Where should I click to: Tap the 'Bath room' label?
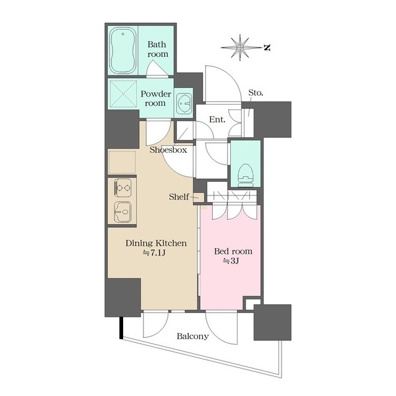point(157,49)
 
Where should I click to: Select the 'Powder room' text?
point(155,98)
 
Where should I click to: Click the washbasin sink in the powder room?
point(184,104)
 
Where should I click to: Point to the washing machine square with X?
point(123,96)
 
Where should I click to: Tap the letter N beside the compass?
point(266,47)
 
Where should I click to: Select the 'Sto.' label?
point(256,93)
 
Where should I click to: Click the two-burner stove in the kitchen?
point(122,187)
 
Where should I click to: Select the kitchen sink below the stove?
point(122,212)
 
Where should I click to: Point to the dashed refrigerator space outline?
point(122,161)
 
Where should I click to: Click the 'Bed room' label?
point(233,251)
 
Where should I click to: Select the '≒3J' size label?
point(230,262)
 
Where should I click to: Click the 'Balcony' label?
point(192,337)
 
